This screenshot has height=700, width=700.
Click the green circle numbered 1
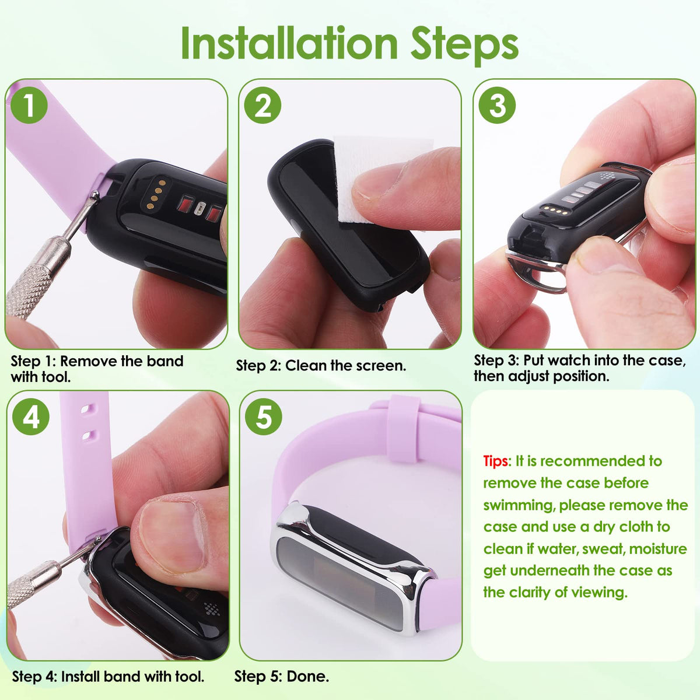(x=29, y=106)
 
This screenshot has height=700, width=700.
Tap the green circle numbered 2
(x=262, y=106)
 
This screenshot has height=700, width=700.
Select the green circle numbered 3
(x=497, y=106)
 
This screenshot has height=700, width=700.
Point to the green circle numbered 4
(x=31, y=416)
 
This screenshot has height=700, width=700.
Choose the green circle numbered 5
(x=263, y=416)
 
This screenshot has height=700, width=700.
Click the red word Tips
(x=496, y=461)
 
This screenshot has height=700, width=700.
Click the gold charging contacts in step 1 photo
(x=156, y=194)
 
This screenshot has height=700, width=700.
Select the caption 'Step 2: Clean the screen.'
(x=321, y=366)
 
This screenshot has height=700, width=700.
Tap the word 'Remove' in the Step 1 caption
(x=89, y=361)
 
